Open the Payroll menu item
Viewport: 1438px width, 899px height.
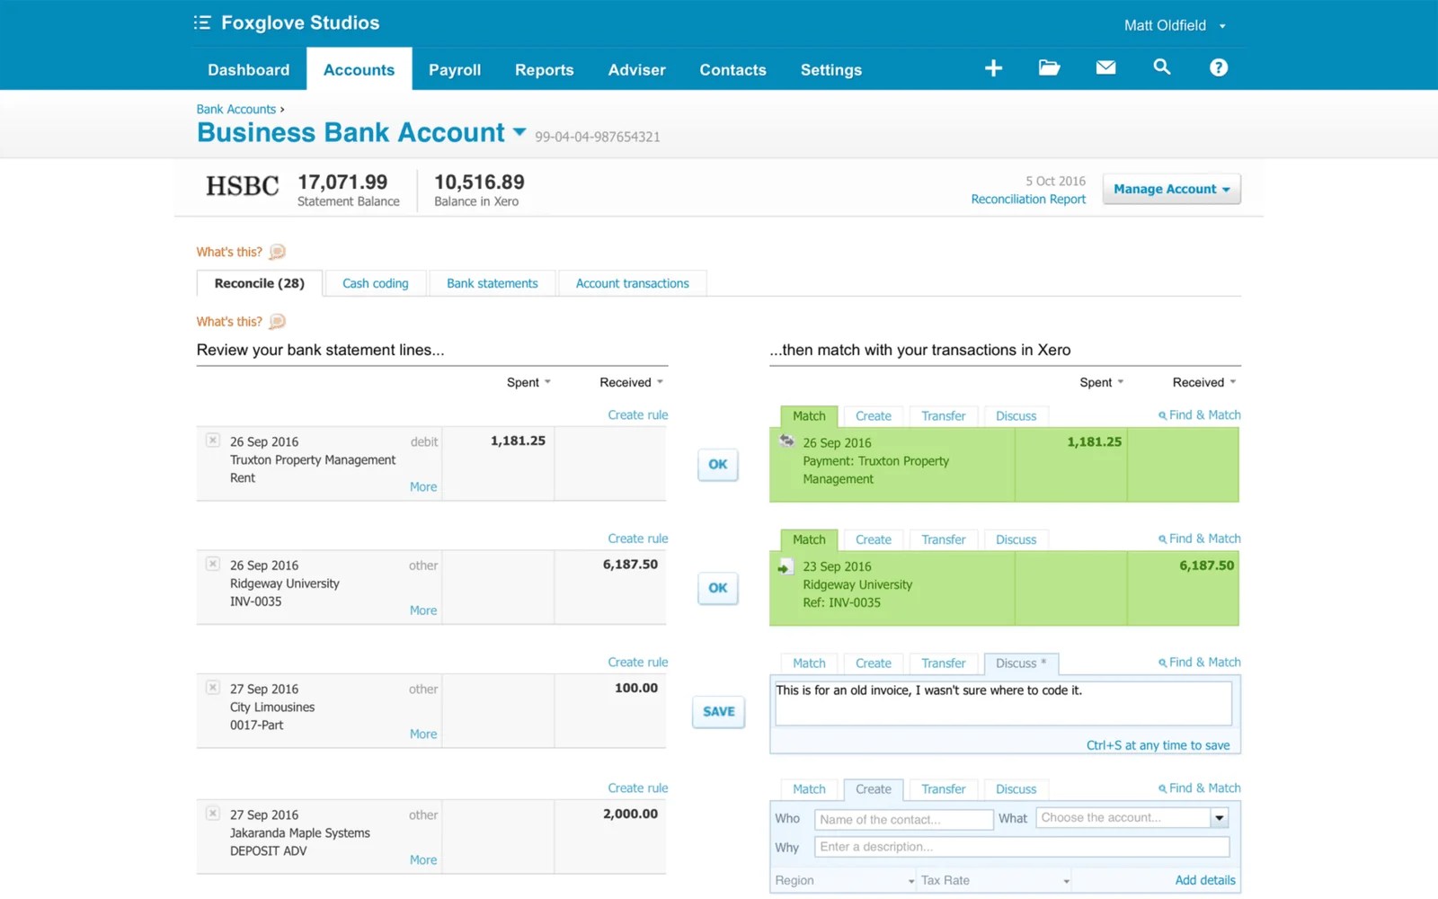(454, 70)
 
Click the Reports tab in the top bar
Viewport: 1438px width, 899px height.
(544, 70)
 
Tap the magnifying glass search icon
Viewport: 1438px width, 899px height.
(1161, 67)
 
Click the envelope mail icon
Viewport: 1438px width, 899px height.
(1105, 67)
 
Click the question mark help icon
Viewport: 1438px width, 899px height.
(1218, 67)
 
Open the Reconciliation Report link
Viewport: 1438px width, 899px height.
(1028, 200)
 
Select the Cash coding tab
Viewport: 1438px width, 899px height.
(375, 283)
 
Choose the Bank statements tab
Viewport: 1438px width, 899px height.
(492, 283)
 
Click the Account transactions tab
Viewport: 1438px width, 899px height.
(632, 283)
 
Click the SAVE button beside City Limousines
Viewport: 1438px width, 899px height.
(718, 711)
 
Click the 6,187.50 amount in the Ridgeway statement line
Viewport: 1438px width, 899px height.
(630, 565)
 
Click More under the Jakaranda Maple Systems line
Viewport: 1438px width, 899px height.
(423, 860)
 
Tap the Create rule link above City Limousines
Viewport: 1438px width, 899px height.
(637, 663)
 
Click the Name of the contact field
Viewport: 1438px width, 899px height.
(902, 819)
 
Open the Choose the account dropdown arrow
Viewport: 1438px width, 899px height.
(1220, 818)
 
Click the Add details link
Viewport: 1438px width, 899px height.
(1204, 880)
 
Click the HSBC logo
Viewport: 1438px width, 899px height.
(243, 186)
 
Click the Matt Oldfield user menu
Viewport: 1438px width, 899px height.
(1174, 25)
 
